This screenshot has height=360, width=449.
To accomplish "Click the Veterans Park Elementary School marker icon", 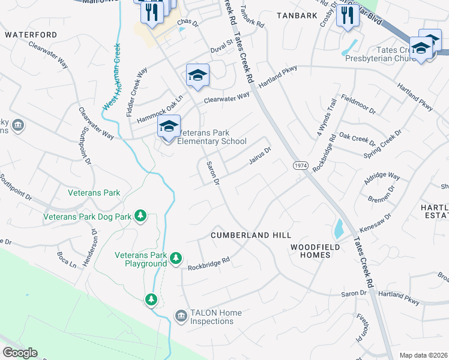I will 169,127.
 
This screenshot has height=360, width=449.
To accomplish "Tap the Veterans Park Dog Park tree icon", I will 140,215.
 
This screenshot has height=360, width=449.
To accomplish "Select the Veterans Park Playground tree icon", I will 175,258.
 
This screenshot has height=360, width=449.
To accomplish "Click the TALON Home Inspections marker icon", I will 181,315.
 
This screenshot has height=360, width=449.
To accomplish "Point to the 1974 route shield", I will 301,165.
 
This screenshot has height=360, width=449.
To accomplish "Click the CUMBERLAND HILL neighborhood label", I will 251,236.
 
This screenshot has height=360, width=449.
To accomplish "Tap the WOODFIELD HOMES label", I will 315,251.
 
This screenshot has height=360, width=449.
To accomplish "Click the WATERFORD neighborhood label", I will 31,35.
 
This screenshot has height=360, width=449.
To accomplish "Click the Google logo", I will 20,353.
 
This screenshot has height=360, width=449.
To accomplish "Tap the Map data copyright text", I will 423,355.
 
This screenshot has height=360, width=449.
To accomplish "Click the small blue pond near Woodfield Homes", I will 338,228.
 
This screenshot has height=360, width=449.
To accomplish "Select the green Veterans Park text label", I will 94,193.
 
